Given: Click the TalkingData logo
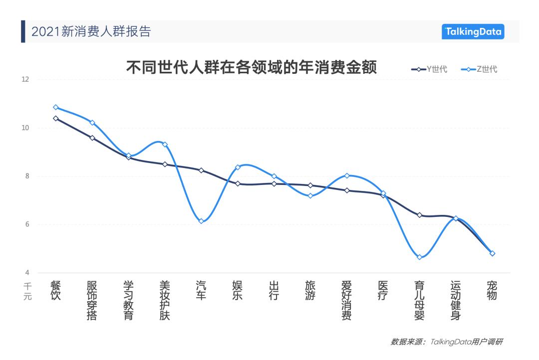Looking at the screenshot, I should click(473, 32).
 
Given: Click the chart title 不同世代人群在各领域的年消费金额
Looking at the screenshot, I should click(251, 68).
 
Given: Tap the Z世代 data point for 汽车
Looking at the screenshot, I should click(201, 221).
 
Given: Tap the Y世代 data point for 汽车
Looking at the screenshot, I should click(201, 171).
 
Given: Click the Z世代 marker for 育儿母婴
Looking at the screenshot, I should click(420, 257).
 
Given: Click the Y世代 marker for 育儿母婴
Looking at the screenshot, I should click(420, 215).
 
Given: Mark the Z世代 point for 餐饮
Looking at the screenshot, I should click(55, 107).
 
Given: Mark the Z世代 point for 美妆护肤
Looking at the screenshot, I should click(165, 145).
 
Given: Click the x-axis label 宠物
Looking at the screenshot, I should click(493, 290).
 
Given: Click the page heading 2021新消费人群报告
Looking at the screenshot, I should click(91, 32).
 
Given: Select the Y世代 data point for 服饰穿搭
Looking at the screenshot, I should click(92, 138).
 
